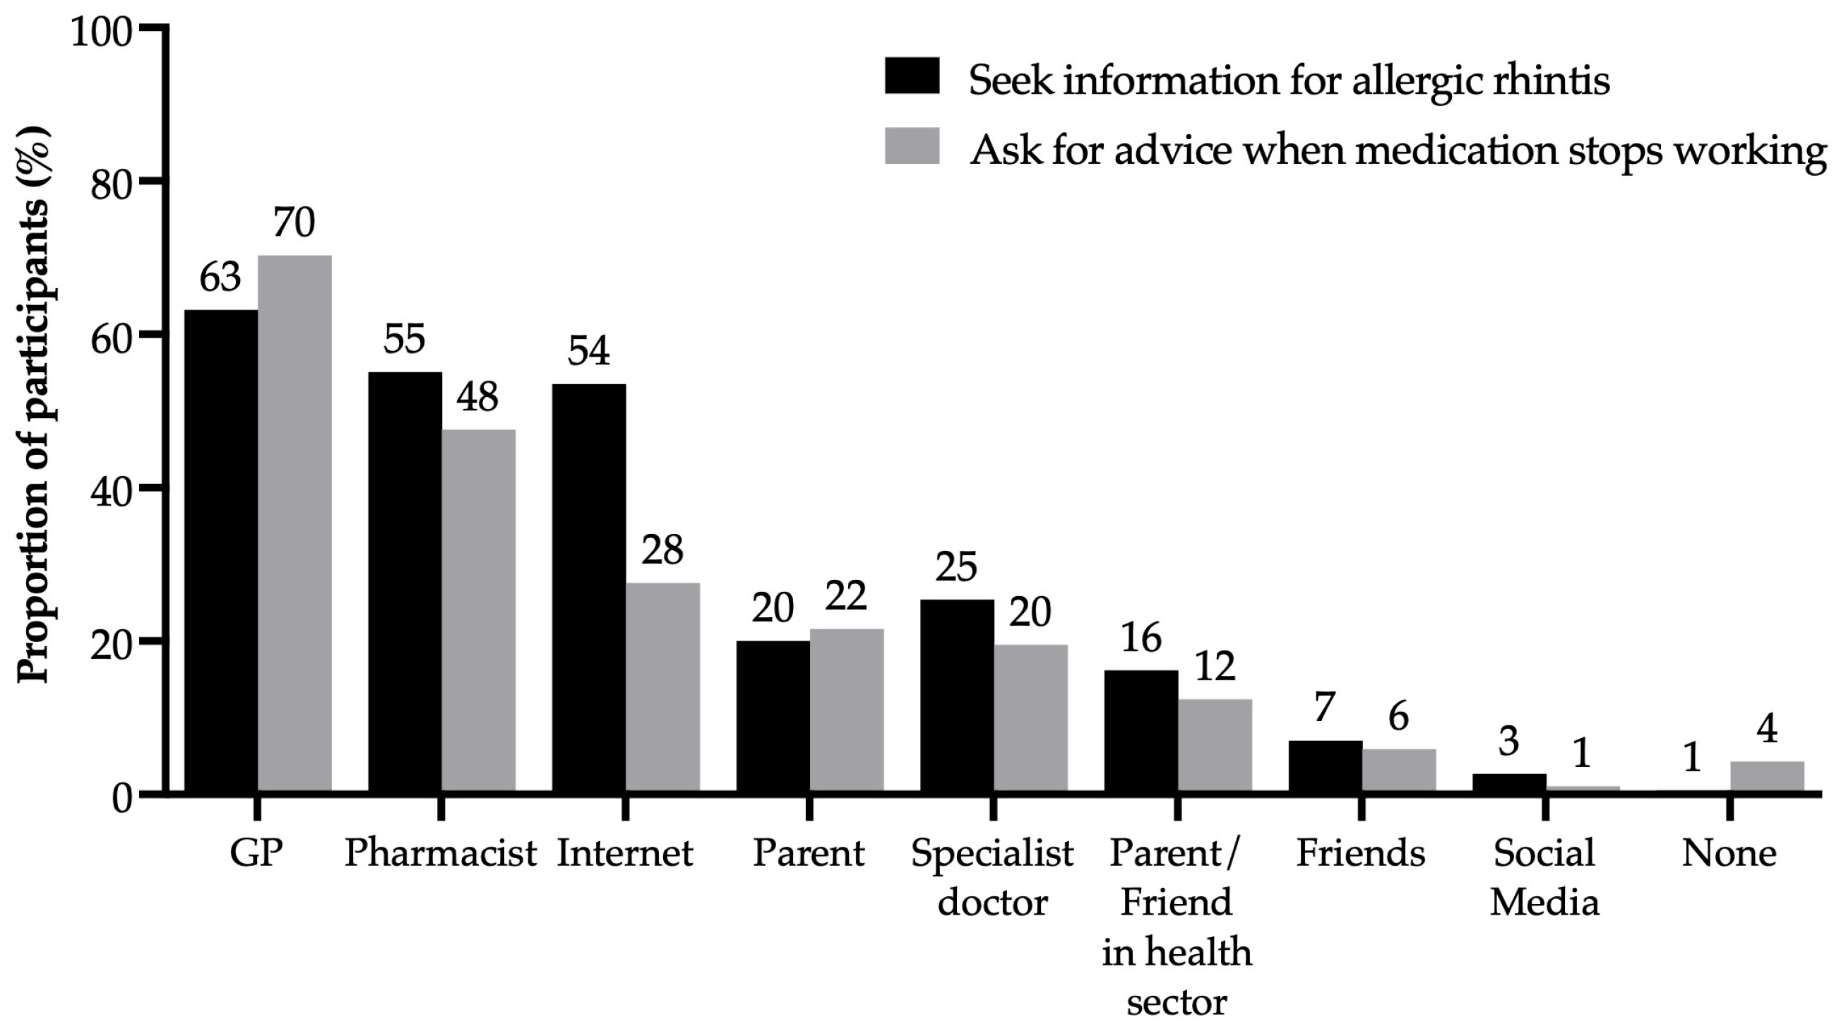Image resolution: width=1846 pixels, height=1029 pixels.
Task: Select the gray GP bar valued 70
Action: pyautogui.click(x=294, y=523)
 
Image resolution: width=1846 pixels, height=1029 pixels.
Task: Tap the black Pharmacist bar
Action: pyautogui.click(x=405, y=582)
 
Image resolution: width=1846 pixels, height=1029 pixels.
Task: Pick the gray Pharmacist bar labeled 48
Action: pyautogui.click(x=478, y=610)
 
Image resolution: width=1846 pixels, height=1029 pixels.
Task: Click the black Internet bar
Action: pyautogui.click(x=589, y=588)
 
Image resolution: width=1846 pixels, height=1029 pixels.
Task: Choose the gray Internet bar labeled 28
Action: pyautogui.click(x=663, y=687)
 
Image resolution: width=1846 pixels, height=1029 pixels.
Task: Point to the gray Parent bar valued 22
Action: pyautogui.click(x=846, y=710)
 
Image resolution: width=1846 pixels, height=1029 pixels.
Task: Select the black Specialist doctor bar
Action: pyautogui.click(x=958, y=695)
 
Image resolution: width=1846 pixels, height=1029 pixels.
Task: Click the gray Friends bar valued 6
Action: pyautogui.click(x=1399, y=771)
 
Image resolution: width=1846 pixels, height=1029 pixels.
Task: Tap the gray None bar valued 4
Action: pyautogui.click(x=1767, y=776)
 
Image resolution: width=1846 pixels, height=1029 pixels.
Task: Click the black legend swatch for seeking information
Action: pyautogui.click(x=912, y=76)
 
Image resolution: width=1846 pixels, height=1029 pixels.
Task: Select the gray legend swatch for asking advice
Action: pyautogui.click(x=912, y=146)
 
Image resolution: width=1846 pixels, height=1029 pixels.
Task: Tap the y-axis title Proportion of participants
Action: pyautogui.click(x=35, y=405)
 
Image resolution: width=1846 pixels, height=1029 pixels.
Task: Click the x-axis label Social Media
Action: pyautogui.click(x=1545, y=877)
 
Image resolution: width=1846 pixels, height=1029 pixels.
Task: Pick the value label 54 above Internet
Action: pyautogui.click(x=589, y=351)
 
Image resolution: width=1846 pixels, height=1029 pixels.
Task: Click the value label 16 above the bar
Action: pyautogui.click(x=1141, y=637)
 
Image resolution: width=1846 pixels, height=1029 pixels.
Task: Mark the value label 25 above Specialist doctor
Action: pyautogui.click(x=956, y=567)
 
